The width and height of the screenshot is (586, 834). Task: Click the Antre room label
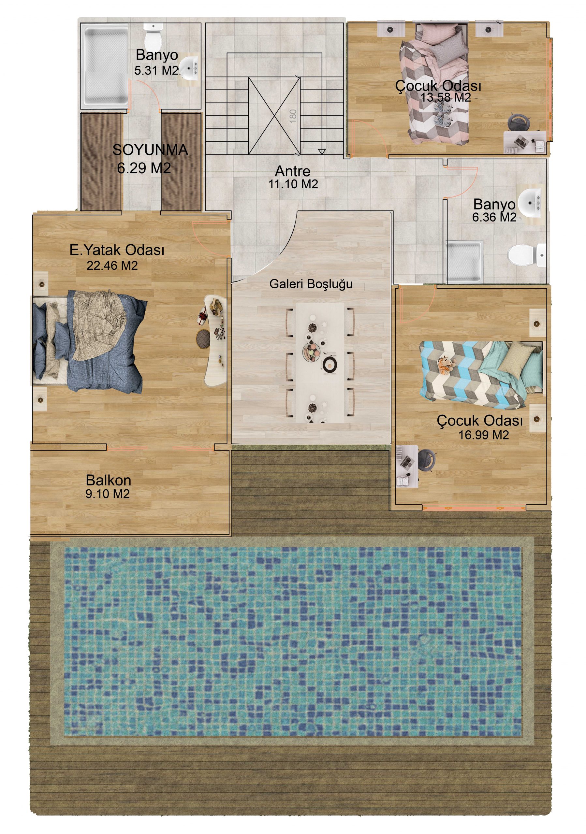(292, 171)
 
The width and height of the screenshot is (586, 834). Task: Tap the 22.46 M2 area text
(112, 266)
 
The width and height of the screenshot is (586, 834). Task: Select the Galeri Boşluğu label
(311, 284)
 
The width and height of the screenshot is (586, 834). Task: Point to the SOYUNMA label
(150, 150)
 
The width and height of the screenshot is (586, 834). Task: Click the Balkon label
(108, 480)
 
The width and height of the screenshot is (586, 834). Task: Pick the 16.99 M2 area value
(484, 435)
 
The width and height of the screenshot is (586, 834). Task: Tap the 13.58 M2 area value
(446, 97)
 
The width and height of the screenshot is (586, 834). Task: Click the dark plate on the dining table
(330, 364)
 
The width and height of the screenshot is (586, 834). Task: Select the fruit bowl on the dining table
(311, 351)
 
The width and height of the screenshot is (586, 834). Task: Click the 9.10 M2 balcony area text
(108, 494)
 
